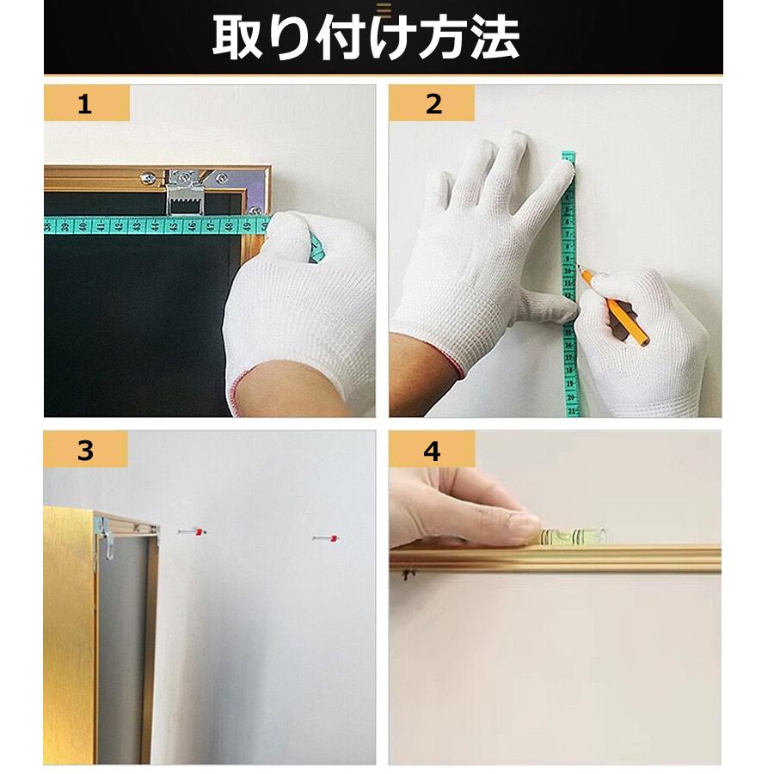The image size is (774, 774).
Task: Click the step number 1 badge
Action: coord(85,104)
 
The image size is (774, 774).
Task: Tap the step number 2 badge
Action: coord(433,104)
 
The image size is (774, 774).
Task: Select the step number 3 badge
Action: coord(85,450)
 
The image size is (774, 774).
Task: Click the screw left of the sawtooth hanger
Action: coord(150,179)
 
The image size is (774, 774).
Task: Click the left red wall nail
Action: coord(196,533)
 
